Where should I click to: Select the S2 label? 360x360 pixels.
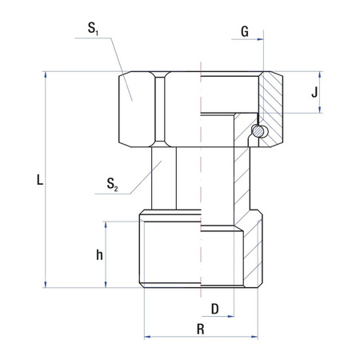point(113,187)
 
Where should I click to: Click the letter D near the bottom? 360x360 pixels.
point(214,308)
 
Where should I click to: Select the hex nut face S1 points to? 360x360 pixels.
point(138,101)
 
